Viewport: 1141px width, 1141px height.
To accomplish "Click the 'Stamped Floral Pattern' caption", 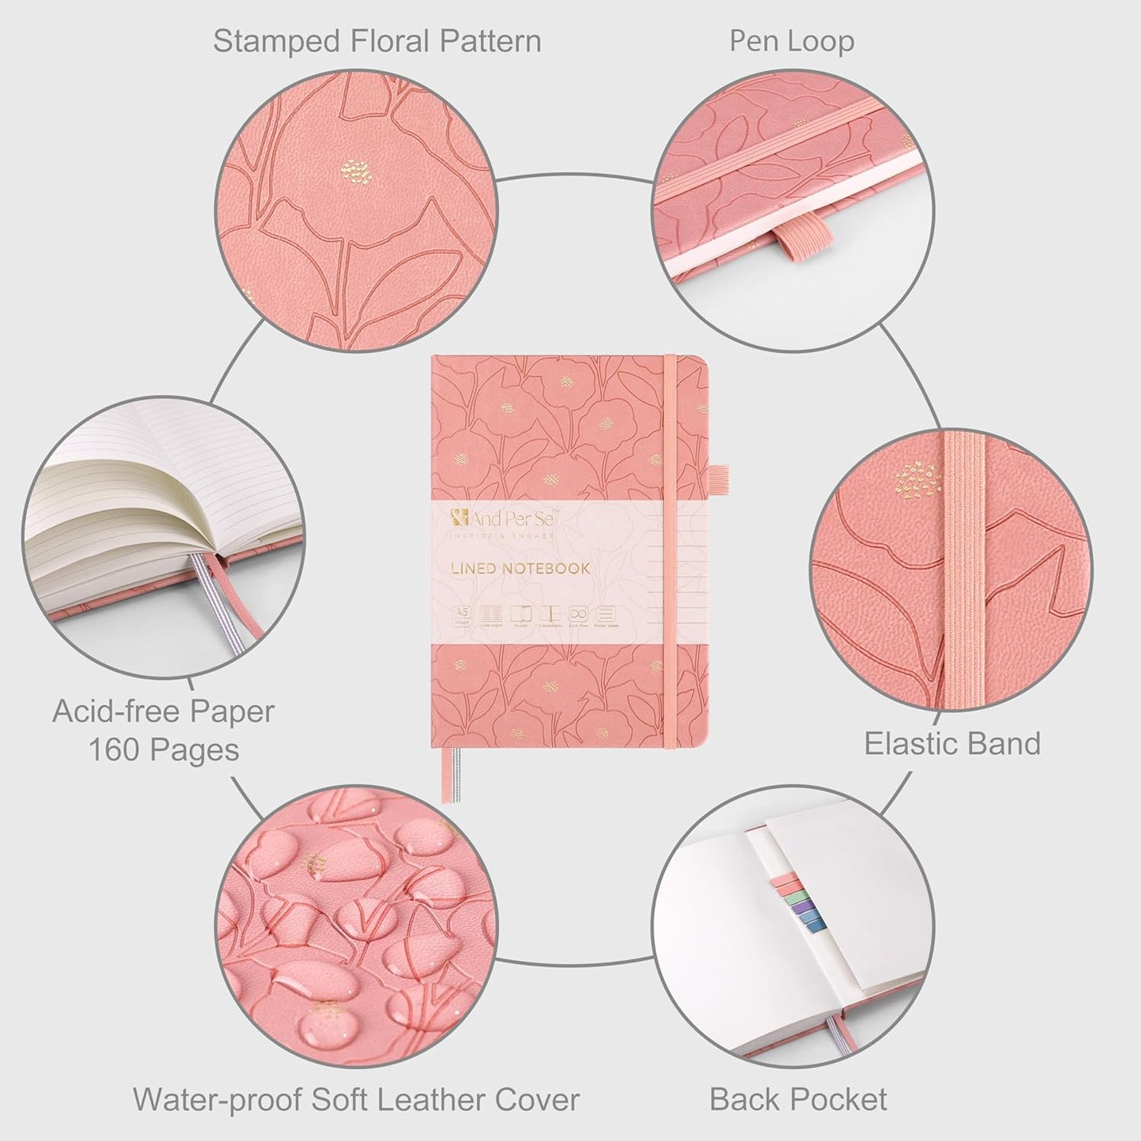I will (x=377, y=41).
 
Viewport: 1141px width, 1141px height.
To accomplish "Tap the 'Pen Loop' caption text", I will (x=791, y=41).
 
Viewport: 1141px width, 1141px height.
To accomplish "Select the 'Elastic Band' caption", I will (x=952, y=744).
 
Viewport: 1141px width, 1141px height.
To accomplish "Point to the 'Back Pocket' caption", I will (x=798, y=1099).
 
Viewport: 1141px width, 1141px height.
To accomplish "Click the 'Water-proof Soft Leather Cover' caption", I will (x=356, y=1099).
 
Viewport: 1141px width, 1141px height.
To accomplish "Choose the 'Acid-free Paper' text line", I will (x=163, y=711).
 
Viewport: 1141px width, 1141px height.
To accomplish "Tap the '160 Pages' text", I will (x=163, y=749).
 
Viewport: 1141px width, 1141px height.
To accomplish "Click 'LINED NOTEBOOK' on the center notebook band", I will (x=521, y=569).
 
